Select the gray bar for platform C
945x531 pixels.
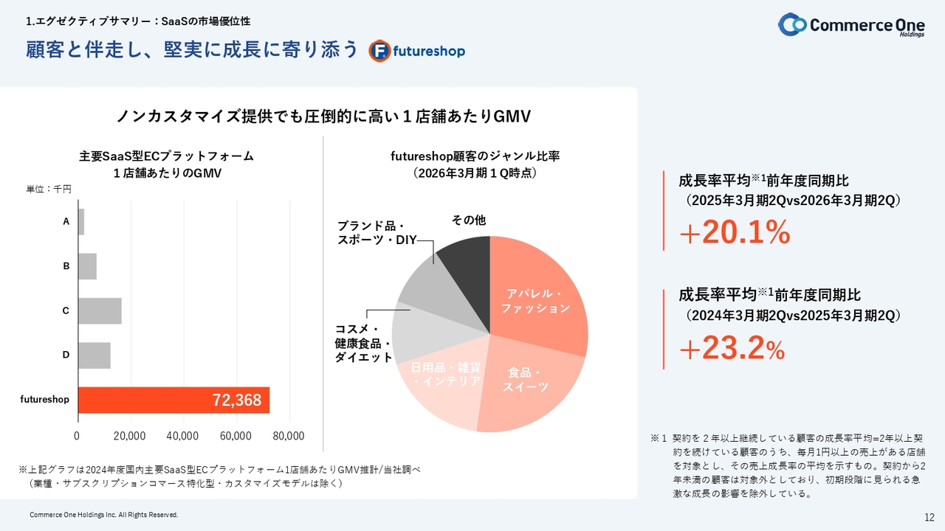[x=100, y=311]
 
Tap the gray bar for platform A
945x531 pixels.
[x=81, y=222]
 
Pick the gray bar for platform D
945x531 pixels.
[x=94, y=355]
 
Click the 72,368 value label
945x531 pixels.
[x=237, y=400]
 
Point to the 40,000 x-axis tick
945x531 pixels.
[x=183, y=436]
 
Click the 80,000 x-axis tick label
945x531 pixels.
[x=289, y=436]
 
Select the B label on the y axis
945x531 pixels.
[x=66, y=266]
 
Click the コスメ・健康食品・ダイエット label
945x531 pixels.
[x=363, y=343]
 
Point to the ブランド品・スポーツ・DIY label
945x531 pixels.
[x=377, y=232]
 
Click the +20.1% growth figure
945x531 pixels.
[x=735, y=233]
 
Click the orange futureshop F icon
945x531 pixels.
[x=380, y=51]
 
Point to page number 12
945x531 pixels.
[x=929, y=516]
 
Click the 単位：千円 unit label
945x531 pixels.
[x=49, y=190]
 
